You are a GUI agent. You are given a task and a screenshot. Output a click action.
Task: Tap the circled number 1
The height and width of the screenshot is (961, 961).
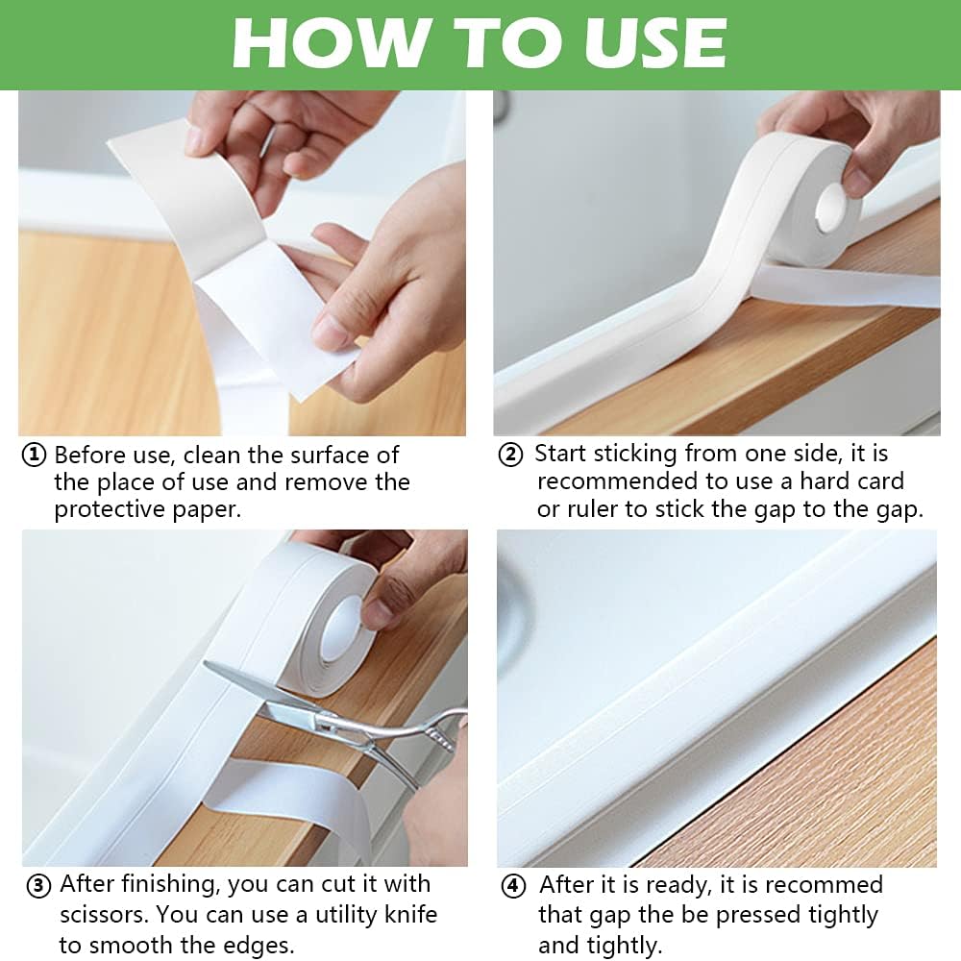point(35,456)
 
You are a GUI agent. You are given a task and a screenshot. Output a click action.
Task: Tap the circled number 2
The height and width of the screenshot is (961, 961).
point(510,456)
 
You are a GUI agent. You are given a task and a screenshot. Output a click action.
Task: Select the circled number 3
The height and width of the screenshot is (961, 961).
point(37,885)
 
